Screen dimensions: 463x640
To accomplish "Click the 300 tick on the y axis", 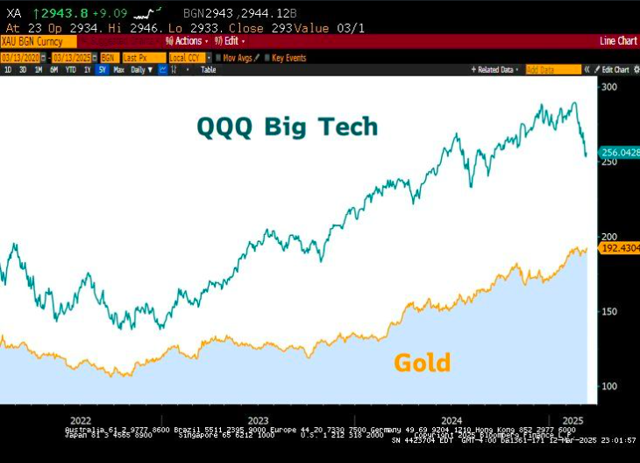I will [609, 88].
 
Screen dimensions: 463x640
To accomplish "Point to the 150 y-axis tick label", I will [609, 312].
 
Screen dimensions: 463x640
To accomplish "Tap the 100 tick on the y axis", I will [609, 387].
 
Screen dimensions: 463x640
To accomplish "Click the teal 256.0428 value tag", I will [620, 153].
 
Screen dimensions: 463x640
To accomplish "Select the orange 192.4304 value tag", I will [620, 249].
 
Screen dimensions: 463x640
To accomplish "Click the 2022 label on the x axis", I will [81, 420].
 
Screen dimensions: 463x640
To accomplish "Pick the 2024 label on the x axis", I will [453, 420].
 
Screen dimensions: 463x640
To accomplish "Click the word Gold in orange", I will [422, 362].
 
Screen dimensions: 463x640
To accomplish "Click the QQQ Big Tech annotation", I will [288, 127].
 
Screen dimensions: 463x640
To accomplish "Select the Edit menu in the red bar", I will [232, 41].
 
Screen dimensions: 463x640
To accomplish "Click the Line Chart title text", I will [617, 41].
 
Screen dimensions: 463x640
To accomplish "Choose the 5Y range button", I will [102, 69].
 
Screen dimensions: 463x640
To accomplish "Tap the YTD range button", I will [71, 69].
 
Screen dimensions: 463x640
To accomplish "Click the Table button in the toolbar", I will [208, 69].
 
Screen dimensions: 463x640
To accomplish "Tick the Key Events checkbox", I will [267, 57].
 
